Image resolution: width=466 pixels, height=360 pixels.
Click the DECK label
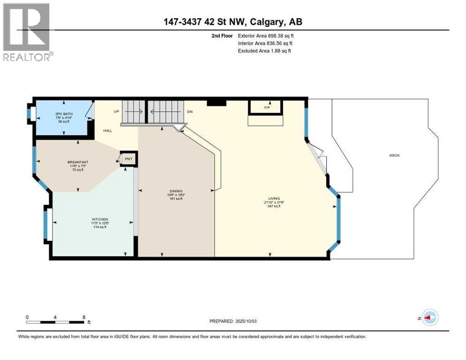tap(394, 156)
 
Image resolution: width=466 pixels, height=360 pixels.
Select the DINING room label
tap(176, 191)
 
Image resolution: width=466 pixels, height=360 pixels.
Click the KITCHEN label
tap(100, 219)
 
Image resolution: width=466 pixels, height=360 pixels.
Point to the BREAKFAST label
tap(77, 162)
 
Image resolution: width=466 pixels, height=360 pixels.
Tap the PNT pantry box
tap(128, 159)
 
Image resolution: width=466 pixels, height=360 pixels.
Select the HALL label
tap(108, 131)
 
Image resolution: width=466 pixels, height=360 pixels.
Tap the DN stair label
tap(189, 112)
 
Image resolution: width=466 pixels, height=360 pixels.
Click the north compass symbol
tap(429, 318)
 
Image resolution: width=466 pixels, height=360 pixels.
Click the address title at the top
tap(233, 22)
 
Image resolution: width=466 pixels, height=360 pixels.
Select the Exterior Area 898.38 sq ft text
tap(266, 36)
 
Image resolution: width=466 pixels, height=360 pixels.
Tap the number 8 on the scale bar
tap(83, 317)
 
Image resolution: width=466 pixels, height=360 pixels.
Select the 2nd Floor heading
tap(223, 36)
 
